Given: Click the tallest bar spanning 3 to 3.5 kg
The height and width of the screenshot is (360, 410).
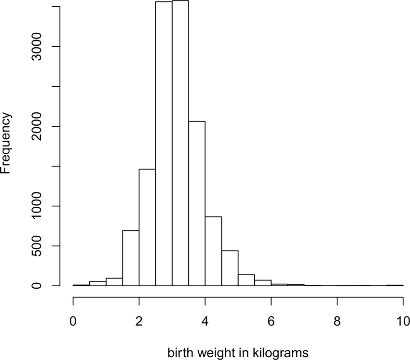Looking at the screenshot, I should (180, 145).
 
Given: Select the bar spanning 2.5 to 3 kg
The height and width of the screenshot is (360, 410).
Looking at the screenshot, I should (164, 145).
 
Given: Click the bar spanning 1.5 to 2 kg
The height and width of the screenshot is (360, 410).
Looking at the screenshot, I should (131, 258).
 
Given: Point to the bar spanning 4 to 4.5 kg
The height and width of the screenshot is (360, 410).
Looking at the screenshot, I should (213, 251).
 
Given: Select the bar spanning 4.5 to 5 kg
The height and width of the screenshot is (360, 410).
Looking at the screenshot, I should (230, 268).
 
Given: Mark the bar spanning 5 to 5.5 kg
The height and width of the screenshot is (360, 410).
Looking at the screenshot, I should (246, 280).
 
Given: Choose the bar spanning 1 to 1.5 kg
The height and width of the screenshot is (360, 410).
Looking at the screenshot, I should (114, 282).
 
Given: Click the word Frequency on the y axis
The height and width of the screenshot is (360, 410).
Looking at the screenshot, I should (7, 143).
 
